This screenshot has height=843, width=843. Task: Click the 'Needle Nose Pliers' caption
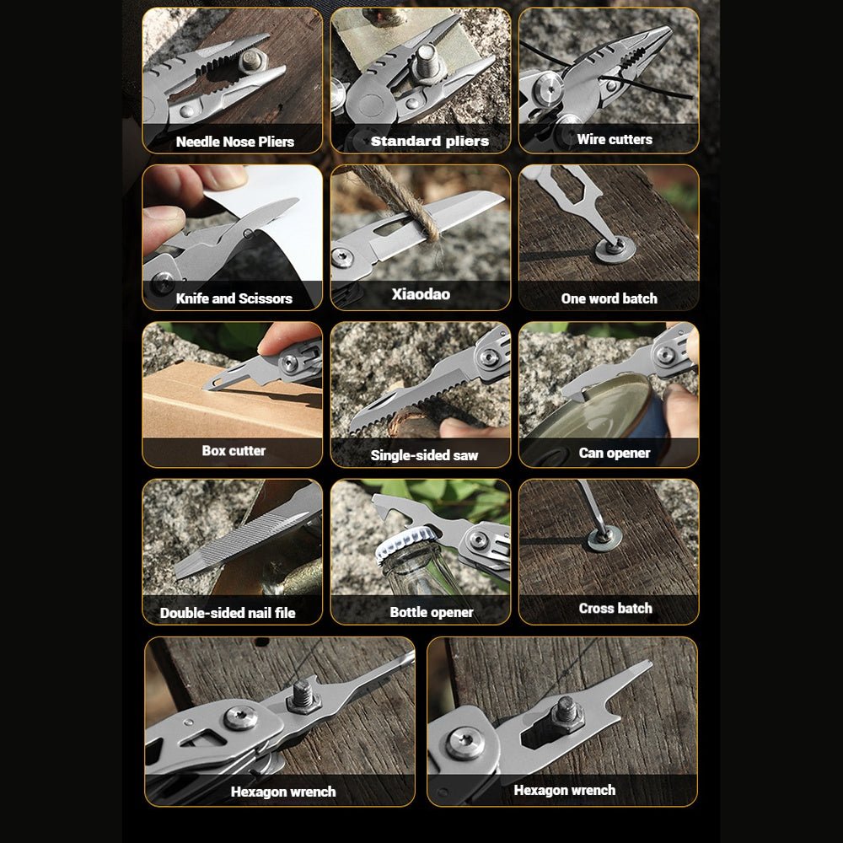pos(235,142)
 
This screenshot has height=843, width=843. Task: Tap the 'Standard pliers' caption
pos(430,142)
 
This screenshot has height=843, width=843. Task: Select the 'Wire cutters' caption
pos(615,139)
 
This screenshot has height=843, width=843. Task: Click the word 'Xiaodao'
pos(421,294)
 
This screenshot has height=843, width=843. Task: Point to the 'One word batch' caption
pos(609,298)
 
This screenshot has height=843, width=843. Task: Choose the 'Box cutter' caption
pos(234,450)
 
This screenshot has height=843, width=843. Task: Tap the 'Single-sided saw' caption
pos(424,455)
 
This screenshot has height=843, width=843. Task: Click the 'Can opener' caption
pos(615,454)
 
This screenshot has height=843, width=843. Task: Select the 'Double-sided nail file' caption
pos(228,613)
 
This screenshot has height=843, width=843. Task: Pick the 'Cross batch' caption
pos(615,608)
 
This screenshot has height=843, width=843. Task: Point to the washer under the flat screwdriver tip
pos(615,249)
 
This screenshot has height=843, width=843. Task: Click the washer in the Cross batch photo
pos(604,539)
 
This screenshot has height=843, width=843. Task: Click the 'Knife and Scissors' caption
pos(234,298)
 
